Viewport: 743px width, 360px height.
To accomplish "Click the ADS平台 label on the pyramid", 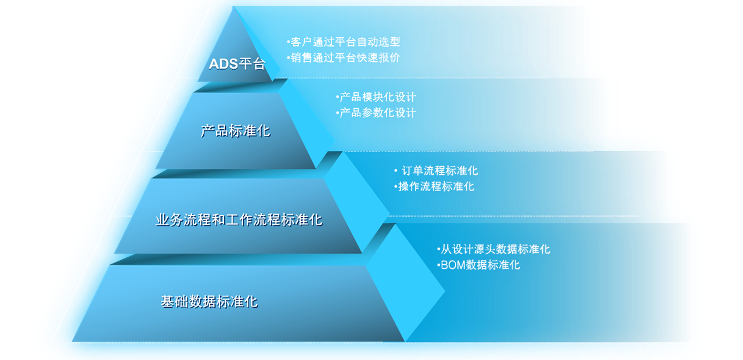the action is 237,64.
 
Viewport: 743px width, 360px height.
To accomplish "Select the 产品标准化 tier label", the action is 236,131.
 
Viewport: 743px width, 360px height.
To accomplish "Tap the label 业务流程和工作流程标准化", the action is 239,219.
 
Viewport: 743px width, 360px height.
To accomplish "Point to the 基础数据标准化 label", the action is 210,301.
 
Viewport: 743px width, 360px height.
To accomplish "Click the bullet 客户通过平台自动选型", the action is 344,42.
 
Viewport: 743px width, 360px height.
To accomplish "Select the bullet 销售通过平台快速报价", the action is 344,57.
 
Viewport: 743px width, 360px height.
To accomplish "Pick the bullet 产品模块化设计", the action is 376,97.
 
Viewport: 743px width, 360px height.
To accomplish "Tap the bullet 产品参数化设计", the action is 376,113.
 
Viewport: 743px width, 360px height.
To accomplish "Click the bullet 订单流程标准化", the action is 436,171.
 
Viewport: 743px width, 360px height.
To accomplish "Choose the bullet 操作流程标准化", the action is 434,186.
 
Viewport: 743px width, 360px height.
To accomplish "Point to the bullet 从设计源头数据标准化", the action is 493,249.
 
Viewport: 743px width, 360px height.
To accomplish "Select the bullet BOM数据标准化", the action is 478,265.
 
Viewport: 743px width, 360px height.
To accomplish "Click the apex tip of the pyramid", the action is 233,6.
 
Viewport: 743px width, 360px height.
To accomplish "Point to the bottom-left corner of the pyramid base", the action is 73,341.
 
